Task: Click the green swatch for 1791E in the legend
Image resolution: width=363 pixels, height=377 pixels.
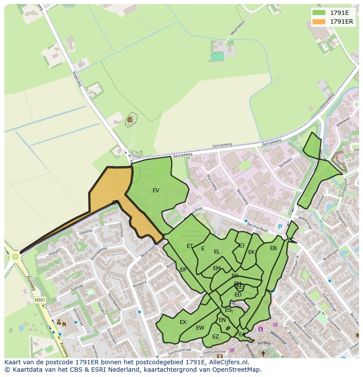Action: pos(319,13)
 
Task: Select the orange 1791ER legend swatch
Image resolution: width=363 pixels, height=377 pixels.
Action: pos(319,21)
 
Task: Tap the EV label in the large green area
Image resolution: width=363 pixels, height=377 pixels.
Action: pos(156,190)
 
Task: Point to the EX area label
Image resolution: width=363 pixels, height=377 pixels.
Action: pos(183,322)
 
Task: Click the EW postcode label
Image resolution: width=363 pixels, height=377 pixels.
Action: pos(200,328)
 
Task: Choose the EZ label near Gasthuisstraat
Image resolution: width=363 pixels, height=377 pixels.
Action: pos(215,337)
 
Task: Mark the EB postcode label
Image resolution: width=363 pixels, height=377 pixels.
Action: pos(273,248)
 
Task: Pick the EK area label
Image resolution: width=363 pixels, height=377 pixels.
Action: pos(251,252)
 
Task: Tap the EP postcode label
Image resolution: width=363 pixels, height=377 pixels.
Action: pos(183,270)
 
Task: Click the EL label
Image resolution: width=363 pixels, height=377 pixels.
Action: pos(217,252)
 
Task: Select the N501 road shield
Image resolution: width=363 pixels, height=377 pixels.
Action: pos(40,300)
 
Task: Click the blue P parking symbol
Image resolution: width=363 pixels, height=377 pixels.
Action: pos(280,227)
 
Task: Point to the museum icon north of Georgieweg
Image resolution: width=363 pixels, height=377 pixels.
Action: pos(130,119)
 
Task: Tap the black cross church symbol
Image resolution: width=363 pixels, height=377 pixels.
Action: pos(263,353)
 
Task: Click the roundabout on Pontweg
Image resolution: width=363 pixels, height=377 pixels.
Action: pos(16,257)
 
